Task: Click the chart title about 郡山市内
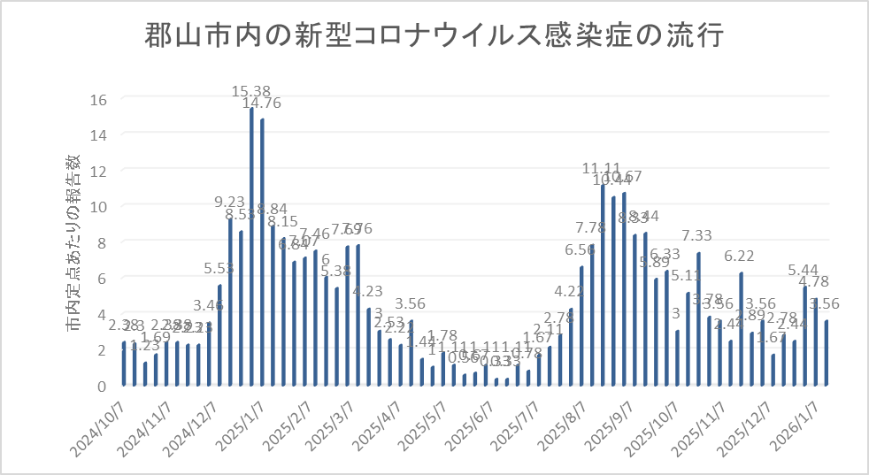(x=434, y=37)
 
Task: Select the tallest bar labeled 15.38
(x=251, y=248)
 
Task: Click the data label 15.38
(x=251, y=90)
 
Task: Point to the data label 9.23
(x=230, y=202)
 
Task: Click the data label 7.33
(x=697, y=235)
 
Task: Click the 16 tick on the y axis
(x=99, y=99)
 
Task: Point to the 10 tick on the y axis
(x=99, y=206)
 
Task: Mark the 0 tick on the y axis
(x=102, y=386)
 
